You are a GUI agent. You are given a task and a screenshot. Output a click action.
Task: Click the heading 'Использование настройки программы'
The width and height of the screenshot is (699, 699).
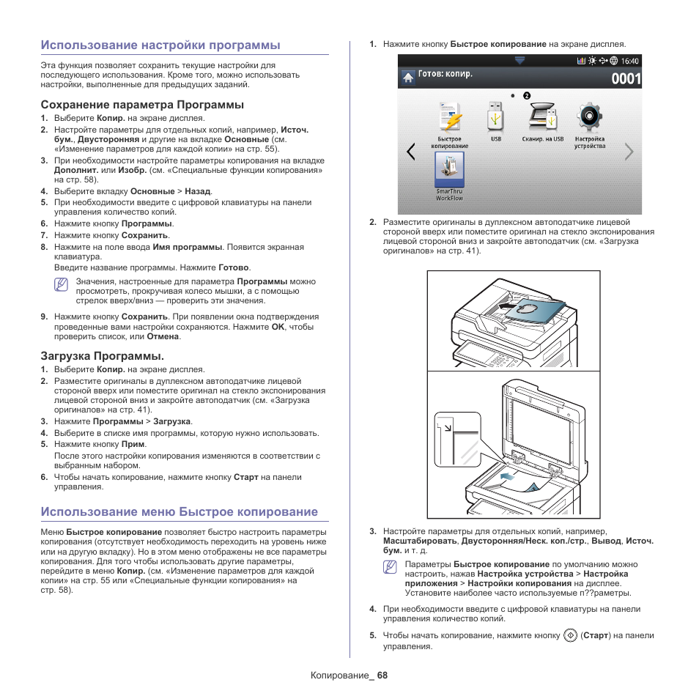coord(160,45)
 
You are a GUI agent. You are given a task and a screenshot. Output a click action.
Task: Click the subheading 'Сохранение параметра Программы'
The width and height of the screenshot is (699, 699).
coord(142,105)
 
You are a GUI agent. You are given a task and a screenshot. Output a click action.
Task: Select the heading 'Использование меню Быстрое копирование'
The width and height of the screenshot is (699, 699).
coord(180,511)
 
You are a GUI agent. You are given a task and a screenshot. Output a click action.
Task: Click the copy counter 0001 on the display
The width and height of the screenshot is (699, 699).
coord(626,78)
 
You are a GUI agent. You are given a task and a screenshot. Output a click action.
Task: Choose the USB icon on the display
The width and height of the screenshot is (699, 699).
coord(496,117)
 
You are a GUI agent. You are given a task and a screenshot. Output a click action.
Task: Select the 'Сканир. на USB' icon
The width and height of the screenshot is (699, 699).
coord(543,117)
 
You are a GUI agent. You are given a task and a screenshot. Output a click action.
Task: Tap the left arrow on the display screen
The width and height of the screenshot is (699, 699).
coord(410,152)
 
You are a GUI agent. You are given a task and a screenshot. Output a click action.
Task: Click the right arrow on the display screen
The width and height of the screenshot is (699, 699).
coord(629,152)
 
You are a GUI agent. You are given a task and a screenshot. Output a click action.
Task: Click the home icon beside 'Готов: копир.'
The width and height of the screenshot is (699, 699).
coord(407,77)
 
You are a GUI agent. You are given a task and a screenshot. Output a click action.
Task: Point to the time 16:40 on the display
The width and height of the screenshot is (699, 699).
coord(630,61)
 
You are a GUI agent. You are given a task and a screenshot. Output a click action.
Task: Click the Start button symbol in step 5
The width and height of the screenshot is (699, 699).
coord(571,635)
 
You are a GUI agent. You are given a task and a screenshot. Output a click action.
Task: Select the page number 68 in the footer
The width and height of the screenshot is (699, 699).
coord(382,675)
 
